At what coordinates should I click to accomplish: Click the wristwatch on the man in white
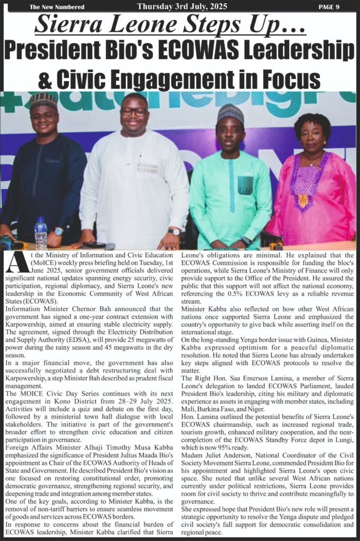click(x=174, y=231)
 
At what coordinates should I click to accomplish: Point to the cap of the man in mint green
click(x=230, y=113)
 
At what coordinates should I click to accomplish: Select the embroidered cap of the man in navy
click(x=44, y=99)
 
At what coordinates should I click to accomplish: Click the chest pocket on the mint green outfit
click(x=245, y=185)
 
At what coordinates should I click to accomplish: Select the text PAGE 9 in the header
click(x=329, y=7)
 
